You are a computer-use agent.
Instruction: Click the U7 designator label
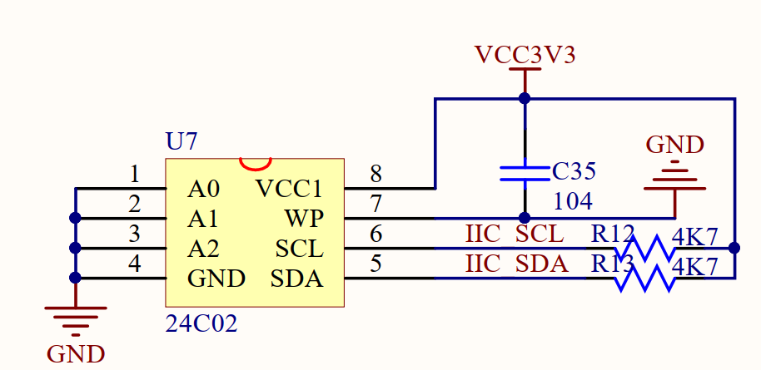pos(182,141)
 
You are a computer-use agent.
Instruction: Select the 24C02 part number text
pos(201,323)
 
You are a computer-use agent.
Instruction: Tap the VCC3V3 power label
pos(525,55)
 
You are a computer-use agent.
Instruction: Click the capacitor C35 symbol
pos(525,172)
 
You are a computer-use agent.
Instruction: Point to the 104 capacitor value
pos(573,201)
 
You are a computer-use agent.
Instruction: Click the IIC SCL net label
pos(515,234)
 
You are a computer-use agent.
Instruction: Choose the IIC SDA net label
pos(516,264)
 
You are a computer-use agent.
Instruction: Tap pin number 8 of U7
pos(376,175)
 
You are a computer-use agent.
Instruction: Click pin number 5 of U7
pos(376,264)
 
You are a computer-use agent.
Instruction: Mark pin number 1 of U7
pos(135,175)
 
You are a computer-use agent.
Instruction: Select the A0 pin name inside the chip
pos(204,189)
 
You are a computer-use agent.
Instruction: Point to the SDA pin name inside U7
pos(296,279)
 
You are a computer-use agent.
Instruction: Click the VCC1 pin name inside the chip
pos(289,189)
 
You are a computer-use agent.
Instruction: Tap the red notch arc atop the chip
pos(255,162)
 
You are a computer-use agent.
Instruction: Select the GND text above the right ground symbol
pos(675,145)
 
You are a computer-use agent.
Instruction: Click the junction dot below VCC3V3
pos(525,98)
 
